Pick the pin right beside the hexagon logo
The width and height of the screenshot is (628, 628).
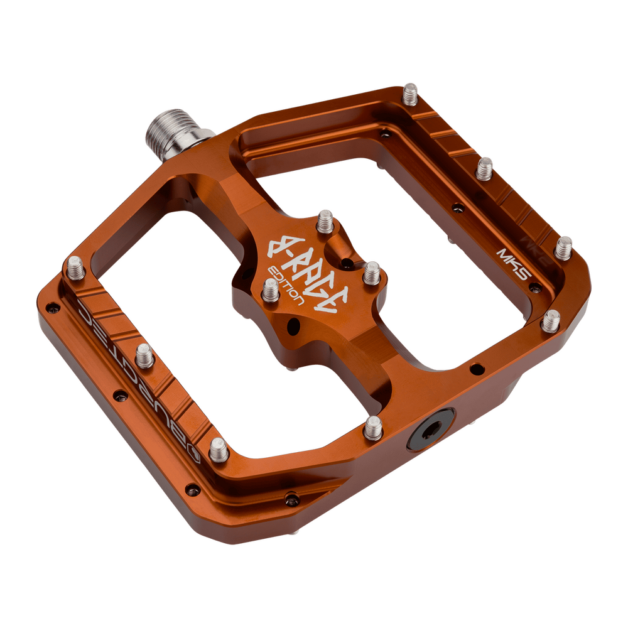tap(218, 448)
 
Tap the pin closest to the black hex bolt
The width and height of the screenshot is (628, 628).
tap(374, 428)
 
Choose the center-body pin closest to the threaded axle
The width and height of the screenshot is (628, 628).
tap(325, 220)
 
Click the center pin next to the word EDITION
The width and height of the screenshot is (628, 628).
tap(270, 288)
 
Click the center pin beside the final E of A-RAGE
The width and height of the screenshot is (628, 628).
tap(371, 272)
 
